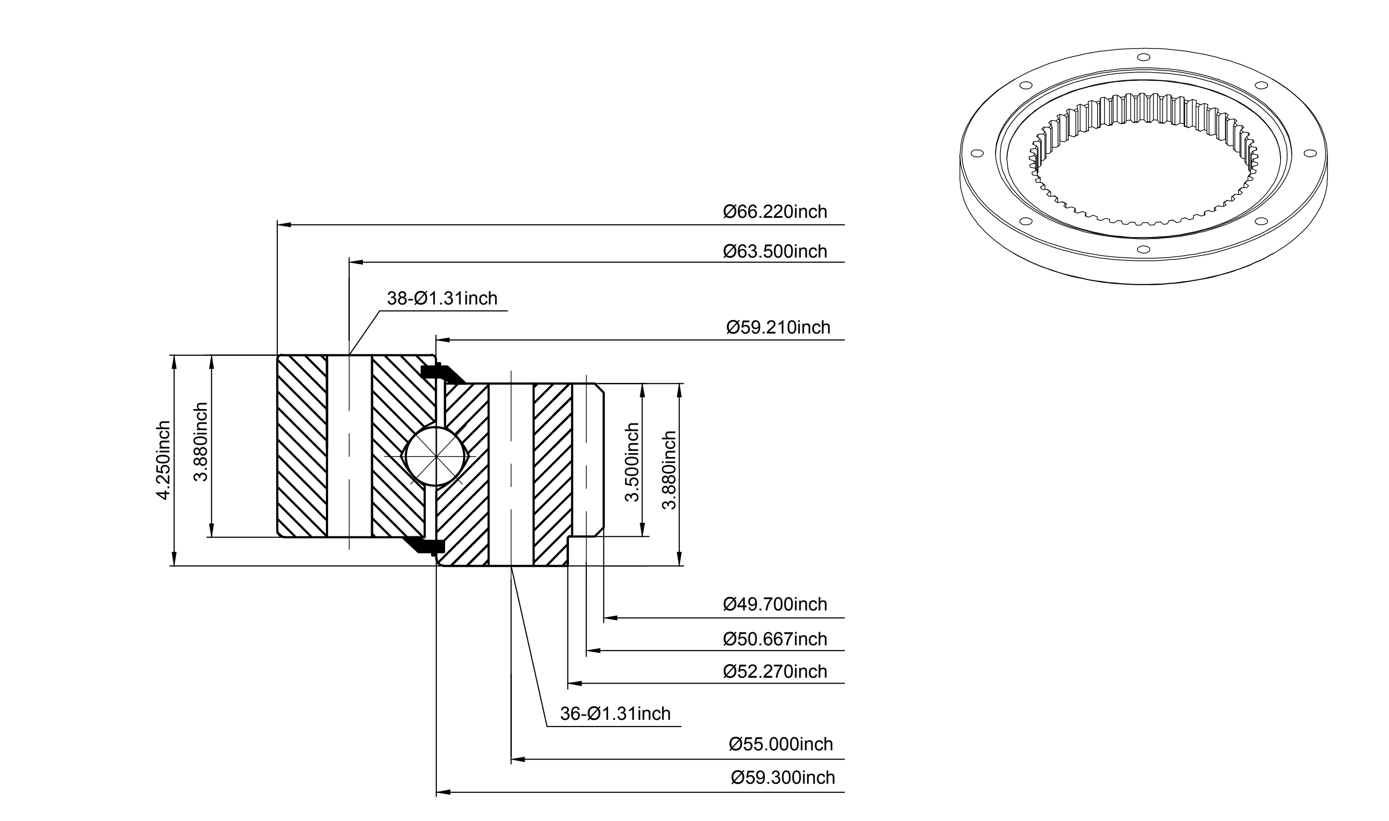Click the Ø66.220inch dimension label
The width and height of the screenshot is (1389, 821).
[775, 212]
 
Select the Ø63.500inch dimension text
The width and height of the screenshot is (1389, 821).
[775, 252]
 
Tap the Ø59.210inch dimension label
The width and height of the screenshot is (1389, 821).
[778, 328]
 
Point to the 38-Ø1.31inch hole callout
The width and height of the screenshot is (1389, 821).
[442, 299]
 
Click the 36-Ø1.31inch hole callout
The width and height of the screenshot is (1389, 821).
[615, 714]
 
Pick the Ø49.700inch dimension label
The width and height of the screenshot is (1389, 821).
[775, 604]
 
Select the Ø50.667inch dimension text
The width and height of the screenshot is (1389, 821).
[775, 639]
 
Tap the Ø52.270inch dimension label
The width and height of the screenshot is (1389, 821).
[775, 671]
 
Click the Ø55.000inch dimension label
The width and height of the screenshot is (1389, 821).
[781, 744]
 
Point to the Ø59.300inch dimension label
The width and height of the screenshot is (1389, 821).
[782, 778]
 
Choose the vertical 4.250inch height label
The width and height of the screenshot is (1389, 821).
[163, 460]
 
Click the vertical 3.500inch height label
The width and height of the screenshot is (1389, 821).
[631, 462]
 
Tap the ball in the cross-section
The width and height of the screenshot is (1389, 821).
[436, 456]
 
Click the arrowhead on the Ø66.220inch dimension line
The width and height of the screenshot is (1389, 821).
[284, 225]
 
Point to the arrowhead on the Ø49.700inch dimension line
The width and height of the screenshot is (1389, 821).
[610, 617]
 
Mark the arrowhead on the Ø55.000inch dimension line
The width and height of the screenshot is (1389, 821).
[518, 759]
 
